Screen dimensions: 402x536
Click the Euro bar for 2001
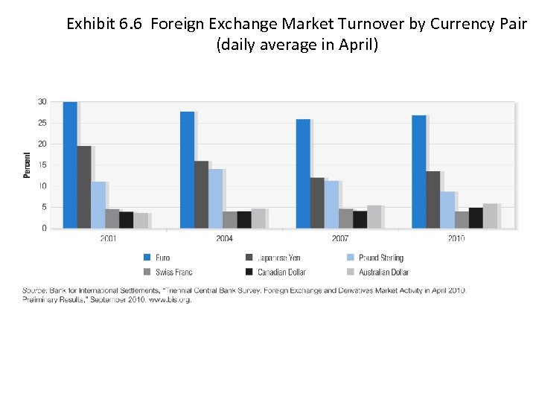click(70, 165)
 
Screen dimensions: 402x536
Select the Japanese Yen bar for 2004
click(201, 194)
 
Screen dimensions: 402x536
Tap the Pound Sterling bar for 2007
click(331, 204)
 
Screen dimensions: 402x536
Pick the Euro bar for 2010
click(419, 171)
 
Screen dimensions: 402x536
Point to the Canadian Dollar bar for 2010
click(476, 217)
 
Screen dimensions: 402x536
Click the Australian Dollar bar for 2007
click(374, 216)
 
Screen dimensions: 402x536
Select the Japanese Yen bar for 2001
click(84, 187)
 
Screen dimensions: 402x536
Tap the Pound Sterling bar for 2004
click(215, 198)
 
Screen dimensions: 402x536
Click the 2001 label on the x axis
click(108, 238)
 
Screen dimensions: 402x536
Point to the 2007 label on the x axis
click(340, 238)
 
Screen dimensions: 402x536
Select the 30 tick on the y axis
click(42, 101)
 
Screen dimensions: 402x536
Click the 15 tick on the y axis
click(42, 165)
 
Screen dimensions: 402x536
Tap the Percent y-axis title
click(28, 165)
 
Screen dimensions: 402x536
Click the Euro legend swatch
click(147, 258)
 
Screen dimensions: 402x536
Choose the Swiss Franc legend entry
click(173, 272)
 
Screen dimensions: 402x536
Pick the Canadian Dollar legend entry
click(281, 272)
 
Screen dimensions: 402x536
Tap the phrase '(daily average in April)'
click(297, 45)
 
